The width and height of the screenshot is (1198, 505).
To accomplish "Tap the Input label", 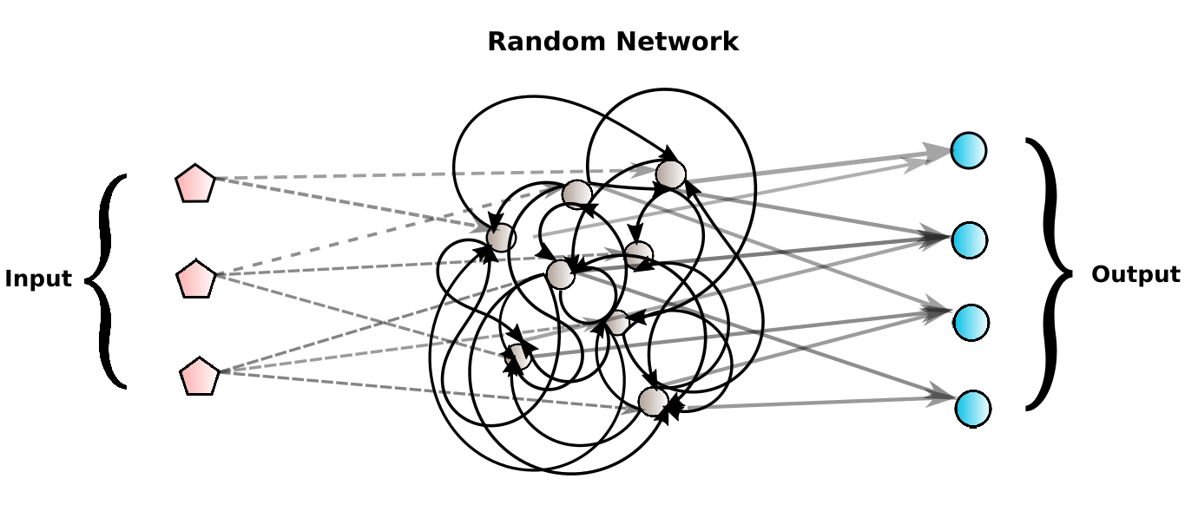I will click(38, 279).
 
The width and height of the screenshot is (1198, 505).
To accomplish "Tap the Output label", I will click(1135, 275).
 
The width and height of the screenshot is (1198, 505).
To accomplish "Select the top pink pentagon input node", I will click(194, 184).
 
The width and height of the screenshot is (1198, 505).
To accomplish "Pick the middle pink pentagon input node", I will click(195, 279).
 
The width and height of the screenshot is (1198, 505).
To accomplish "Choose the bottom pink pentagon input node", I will click(199, 377).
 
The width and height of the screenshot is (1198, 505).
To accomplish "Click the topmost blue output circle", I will click(968, 150).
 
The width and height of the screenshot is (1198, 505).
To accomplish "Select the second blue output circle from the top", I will click(969, 239).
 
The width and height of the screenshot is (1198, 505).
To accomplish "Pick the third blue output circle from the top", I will click(971, 323).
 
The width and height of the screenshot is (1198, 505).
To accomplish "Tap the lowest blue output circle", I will click(972, 408).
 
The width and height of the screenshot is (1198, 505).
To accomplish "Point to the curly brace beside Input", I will click(107, 280).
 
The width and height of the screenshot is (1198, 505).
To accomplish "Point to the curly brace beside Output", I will click(1048, 273).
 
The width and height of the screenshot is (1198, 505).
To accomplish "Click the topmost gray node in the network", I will click(670, 174).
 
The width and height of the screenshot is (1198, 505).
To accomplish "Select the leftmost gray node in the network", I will click(501, 237).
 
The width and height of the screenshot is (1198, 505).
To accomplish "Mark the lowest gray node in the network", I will click(653, 402).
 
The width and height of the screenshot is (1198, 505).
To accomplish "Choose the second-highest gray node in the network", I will click(576, 194).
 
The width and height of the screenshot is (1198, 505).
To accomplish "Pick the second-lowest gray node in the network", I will click(518, 356).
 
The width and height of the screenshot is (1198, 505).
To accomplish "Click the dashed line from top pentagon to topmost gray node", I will click(434, 175).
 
